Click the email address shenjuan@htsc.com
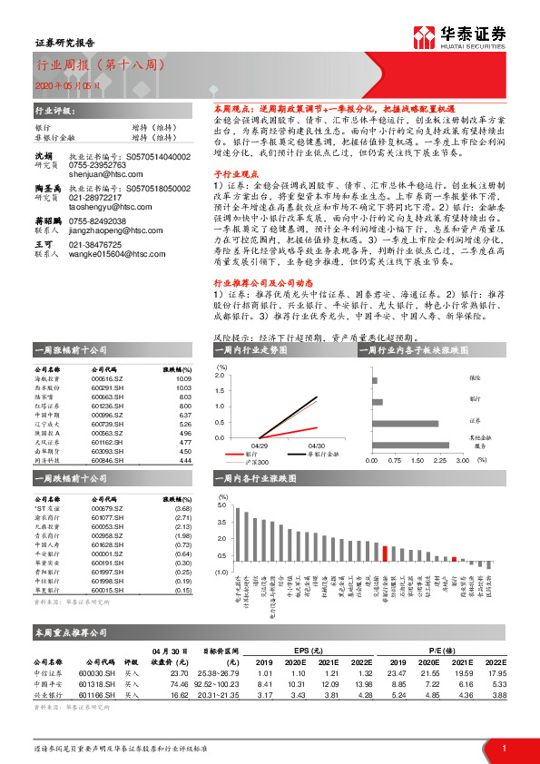[x=96, y=174]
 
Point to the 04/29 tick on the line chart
[x=260, y=446]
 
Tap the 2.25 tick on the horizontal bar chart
[x=439, y=460]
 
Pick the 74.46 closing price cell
[x=178, y=684]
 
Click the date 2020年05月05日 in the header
[x=64, y=84]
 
